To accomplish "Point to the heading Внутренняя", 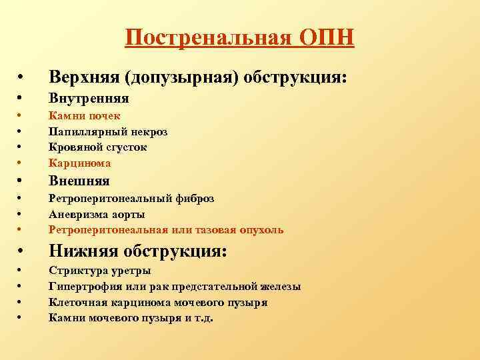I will click(x=89, y=99).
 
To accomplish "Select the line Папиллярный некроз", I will click(x=108, y=131).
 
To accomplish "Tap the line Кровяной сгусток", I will click(x=98, y=147).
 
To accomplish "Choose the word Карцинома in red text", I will click(x=80, y=162).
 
